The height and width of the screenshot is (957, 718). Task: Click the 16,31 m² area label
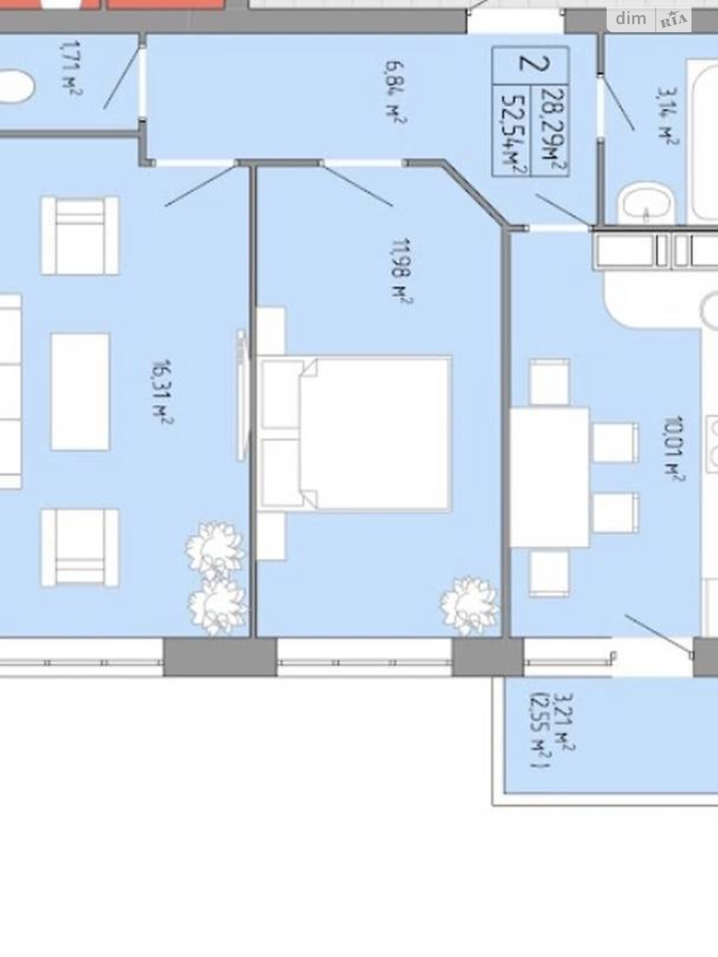(163, 391)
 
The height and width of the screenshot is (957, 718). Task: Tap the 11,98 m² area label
(401, 271)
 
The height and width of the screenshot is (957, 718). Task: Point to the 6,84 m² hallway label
(395, 92)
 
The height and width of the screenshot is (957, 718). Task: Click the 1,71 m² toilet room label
(71, 68)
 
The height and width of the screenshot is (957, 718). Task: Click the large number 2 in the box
(534, 64)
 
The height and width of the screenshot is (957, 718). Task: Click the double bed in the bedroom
(355, 434)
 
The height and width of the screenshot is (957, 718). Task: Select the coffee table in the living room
(80, 392)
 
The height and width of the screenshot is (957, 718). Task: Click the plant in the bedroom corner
(469, 606)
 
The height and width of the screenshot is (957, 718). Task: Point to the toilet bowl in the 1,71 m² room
(16, 86)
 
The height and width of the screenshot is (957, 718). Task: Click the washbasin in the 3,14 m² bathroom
(646, 205)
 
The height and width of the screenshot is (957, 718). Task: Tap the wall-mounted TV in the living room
(242, 395)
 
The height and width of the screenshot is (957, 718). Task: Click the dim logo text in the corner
(631, 19)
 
